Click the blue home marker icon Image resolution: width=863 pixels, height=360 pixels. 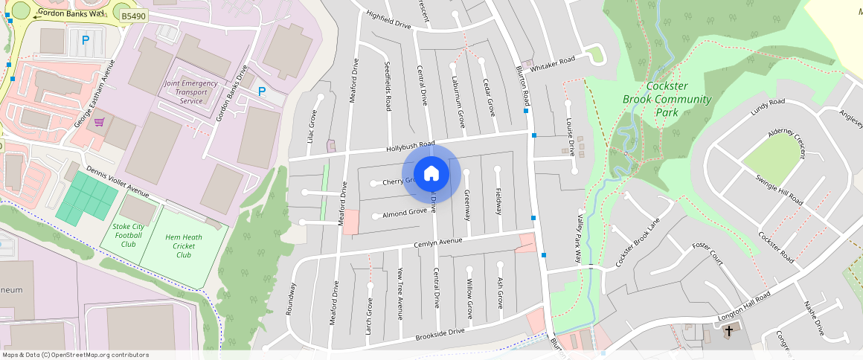click(x=431, y=174)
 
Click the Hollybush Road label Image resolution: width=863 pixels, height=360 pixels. click(x=410, y=147)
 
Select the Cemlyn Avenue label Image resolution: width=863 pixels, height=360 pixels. click(x=438, y=243)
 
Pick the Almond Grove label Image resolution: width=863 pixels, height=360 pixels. click(x=404, y=213)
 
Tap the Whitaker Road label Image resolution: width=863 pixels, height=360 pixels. click(x=552, y=60)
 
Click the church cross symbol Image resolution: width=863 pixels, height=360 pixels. click(x=729, y=330)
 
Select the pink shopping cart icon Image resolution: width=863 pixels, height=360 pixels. click(x=99, y=122)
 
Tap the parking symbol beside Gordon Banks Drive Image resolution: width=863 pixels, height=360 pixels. click(x=261, y=91)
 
